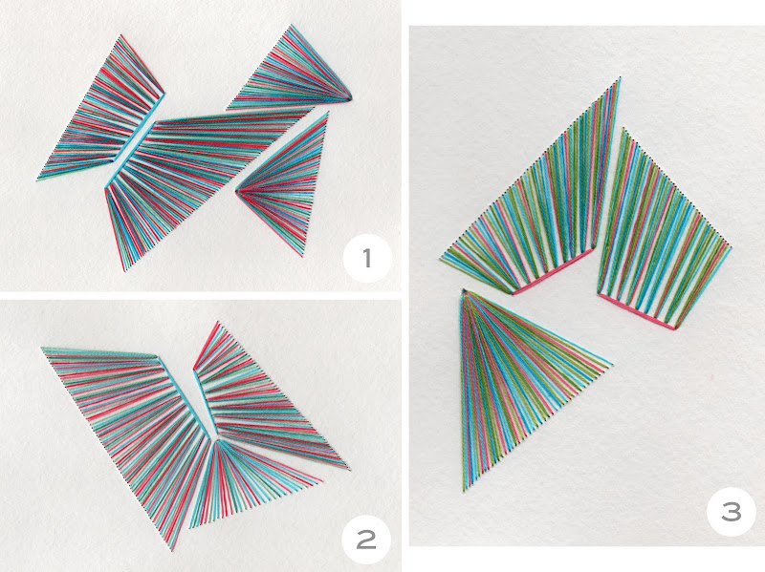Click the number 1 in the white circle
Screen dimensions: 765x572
367,258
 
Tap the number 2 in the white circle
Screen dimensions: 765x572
366,540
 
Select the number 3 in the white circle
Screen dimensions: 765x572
732,512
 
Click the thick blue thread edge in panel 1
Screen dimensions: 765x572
134,141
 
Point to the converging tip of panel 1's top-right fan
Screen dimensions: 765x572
350,99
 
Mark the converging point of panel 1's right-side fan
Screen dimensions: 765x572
237,191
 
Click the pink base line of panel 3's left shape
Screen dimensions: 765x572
553,272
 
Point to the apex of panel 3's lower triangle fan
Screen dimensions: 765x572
464,291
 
